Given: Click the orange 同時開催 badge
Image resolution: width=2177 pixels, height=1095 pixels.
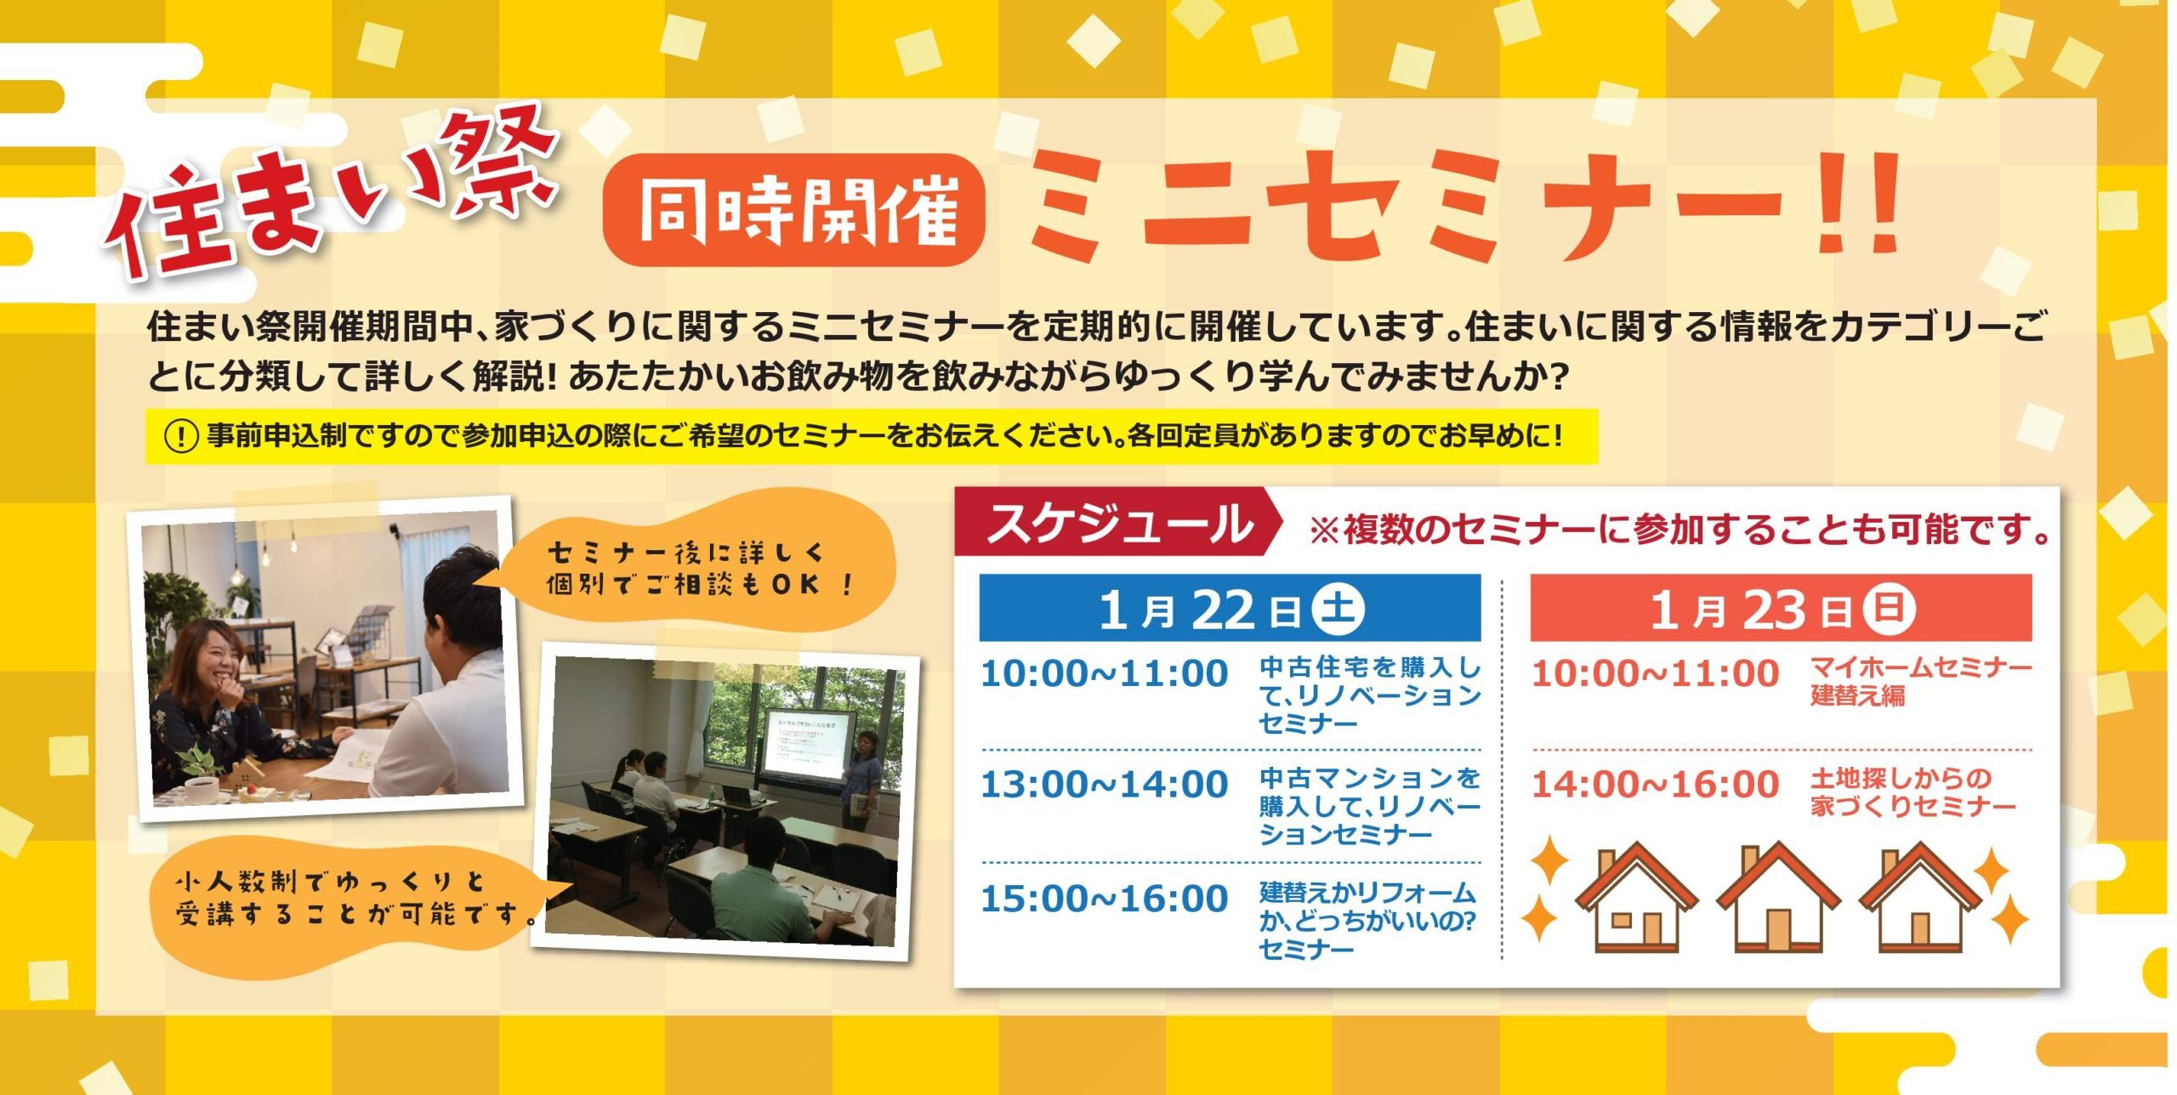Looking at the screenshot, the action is pos(793,209).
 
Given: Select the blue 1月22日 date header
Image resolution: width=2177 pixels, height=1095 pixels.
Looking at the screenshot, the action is pos(1230,608).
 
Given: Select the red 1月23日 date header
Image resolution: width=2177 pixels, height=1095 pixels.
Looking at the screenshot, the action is pos(1781,608).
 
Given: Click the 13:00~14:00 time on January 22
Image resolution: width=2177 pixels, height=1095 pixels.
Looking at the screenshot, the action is pos(1104,784).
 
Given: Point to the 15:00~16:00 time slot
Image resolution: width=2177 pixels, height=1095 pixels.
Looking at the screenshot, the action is pos(1104,899).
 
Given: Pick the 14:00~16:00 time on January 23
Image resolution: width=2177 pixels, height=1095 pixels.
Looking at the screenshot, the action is pos(1655,784).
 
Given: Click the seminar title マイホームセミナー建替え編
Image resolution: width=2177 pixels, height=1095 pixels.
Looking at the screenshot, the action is pos(1921,682).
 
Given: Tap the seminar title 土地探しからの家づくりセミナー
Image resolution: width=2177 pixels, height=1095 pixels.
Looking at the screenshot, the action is pos(1913,792).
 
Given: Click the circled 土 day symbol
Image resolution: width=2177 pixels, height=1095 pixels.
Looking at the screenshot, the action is pos(1339,608).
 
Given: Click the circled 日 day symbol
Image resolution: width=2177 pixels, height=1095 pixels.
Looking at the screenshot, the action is pos(1889,608).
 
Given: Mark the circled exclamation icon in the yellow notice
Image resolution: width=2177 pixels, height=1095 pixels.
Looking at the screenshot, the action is pos(180,437).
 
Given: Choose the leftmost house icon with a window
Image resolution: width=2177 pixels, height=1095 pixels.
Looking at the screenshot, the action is pos(1636,899).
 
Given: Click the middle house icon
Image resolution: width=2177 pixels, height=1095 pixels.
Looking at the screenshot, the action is pos(1778,899).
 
